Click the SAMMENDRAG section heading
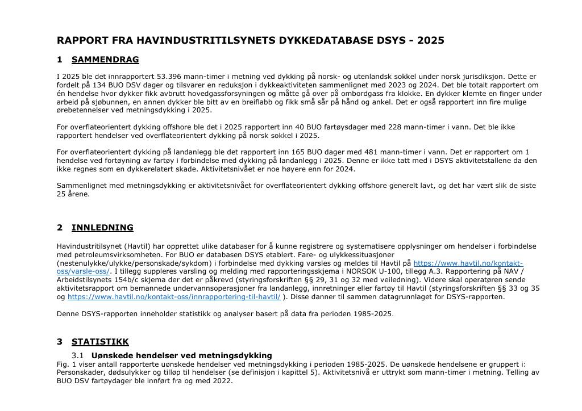click(x=105, y=60)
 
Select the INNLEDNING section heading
click(x=102, y=228)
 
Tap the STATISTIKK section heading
click(x=100, y=342)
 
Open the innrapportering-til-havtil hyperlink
click(x=174, y=297)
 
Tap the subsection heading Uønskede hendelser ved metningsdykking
click(x=181, y=355)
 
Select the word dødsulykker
click(x=131, y=372)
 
